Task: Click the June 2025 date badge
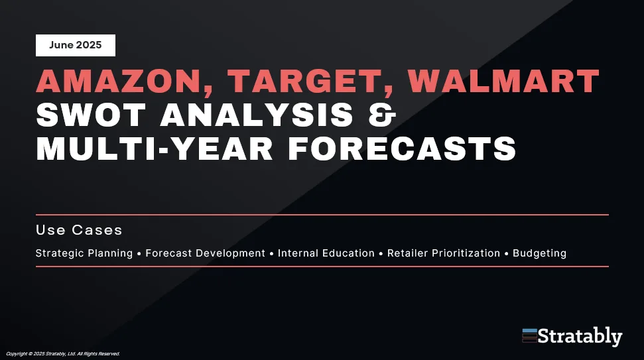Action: (x=76, y=45)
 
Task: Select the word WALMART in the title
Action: (x=503, y=81)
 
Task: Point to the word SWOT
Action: (x=91, y=115)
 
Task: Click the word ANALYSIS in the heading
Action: (x=257, y=115)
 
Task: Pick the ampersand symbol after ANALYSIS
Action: (x=382, y=115)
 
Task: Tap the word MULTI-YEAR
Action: (x=155, y=149)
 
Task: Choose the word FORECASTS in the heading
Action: (x=402, y=149)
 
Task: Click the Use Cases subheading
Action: (x=79, y=230)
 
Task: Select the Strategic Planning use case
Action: (x=84, y=253)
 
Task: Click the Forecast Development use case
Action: (x=206, y=253)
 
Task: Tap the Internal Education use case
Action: (x=326, y=253)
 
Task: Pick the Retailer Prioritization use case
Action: (x=444, y=253)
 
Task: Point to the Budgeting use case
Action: (x=540, y=253)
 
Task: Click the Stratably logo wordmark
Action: (x=580, y=337)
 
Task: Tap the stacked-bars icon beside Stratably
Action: (x=530, y=335)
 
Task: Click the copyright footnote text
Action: (x=63, y=353)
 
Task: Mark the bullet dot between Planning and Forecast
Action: (x=139, y=254)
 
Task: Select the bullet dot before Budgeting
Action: (x=507, y=254)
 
